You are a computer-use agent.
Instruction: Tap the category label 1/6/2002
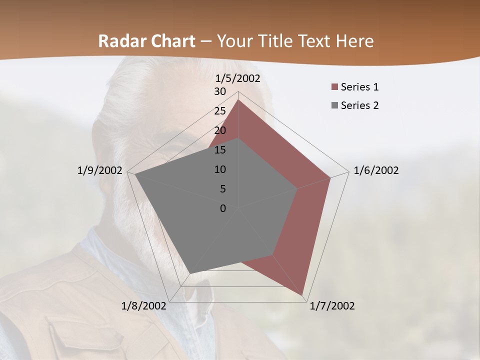(376, 170)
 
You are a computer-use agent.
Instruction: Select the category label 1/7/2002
(332, 306)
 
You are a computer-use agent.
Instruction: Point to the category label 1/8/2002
(144, 306)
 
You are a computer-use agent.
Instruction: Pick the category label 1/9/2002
(99, 170)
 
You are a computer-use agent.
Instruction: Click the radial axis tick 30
(220, 91)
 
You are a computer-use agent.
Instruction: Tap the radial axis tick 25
(220, 111)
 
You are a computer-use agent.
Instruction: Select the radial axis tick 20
(220, 130)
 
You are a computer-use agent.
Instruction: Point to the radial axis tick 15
(220, 150)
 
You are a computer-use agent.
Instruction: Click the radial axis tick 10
(220, 169)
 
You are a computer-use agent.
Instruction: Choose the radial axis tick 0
(223, 208)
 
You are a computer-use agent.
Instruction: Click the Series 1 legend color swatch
(334, 87)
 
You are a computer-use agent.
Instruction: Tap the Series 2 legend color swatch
(334, 105)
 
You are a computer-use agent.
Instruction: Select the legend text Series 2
(359, 105)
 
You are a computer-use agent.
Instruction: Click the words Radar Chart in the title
(146, 41)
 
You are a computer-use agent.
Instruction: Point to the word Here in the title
(355, 41)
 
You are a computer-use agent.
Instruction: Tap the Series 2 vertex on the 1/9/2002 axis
(135, 174)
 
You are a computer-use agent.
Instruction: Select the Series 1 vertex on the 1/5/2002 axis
(238, 99)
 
